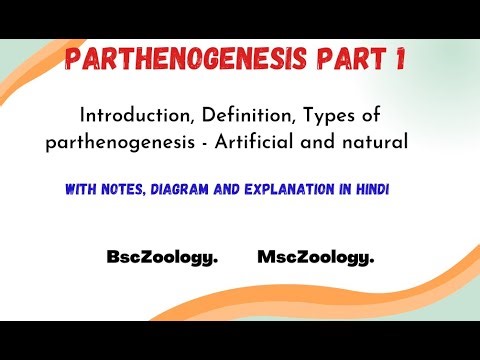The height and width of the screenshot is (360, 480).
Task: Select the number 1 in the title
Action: tap(399, 60)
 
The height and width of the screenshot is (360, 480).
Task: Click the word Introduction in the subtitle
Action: tap(128, 116)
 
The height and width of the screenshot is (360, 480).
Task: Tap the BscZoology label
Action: tap(162, 257)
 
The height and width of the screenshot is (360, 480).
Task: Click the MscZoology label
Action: tap(316, 257)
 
